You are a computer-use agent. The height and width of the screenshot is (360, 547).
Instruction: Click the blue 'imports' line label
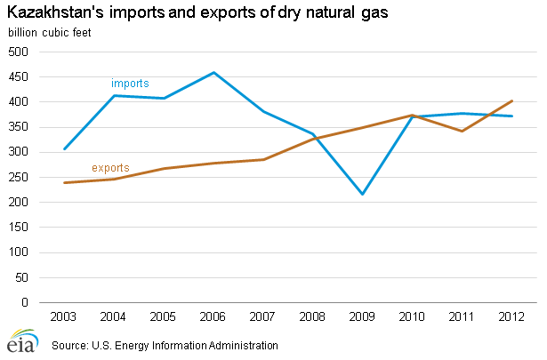[x=130, y=83]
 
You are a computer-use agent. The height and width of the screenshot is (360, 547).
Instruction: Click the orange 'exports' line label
[x=110, y=167]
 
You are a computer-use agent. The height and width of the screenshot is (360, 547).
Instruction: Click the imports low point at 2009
[x=363, y=194]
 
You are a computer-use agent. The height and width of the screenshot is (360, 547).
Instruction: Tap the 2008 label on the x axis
[x=313, y=316]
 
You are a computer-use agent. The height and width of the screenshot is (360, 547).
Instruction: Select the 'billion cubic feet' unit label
[x=50, y=34]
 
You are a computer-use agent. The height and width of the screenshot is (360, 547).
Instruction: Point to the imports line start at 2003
[x=65, y=148]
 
